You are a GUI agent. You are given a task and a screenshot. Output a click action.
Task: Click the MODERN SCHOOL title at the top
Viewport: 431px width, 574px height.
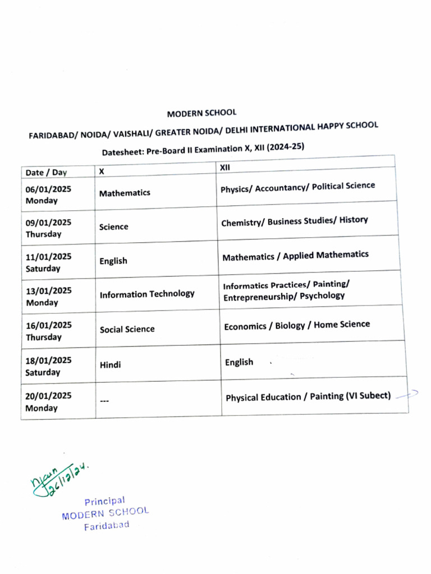click(x=201, y=113)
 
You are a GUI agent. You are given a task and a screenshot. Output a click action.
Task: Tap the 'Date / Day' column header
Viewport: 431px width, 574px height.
click(x=46, y=173)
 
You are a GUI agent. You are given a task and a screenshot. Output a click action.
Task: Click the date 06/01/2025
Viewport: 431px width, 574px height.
click(x=48, y=189)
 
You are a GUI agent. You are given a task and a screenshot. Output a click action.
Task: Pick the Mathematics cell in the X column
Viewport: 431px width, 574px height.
click(x=125, y=193)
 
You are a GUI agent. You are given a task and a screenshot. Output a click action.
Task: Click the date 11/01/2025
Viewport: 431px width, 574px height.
click(x=48, y=257)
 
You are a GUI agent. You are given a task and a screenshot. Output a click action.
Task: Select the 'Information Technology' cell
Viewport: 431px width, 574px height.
click(x=147, y=294)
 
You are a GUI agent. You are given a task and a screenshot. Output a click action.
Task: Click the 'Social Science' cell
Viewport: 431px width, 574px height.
click(x=127, y=329)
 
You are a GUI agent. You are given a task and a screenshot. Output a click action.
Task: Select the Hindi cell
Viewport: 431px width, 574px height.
click(x=110, y=365)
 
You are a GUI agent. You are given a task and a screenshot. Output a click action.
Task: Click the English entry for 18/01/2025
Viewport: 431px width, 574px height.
click(x=239, y=362)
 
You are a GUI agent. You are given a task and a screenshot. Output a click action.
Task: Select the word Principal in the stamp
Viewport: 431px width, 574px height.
click(x=104, y=501)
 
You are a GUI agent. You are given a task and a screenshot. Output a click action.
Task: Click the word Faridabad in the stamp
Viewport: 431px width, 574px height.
click(x=107, y=526)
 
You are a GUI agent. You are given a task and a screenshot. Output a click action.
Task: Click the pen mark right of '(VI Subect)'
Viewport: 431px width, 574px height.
click(x=407, y=395)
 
